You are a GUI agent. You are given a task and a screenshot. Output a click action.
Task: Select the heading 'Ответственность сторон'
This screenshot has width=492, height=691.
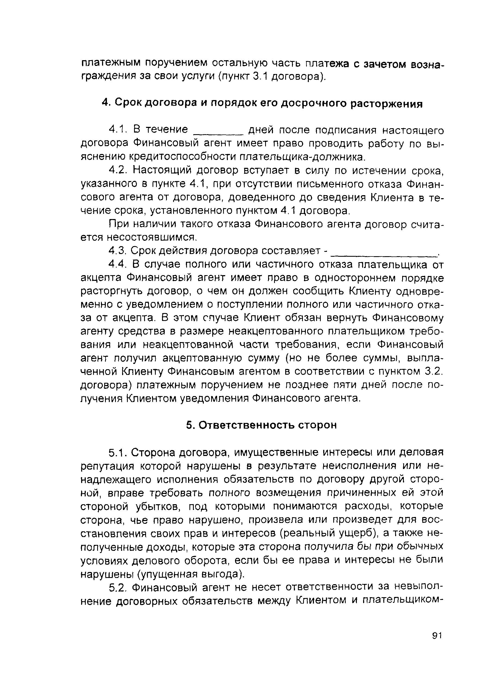[x=261, y=425]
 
